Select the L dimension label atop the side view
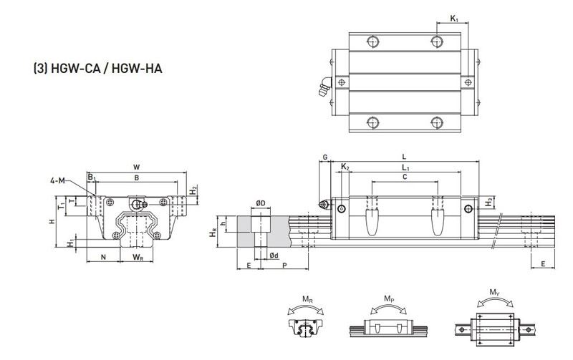(405, 157)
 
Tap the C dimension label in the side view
(405, 176)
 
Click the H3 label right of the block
(488, 203)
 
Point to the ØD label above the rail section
(261, 204)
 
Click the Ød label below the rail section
(274, 256)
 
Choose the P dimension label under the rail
(284, 266)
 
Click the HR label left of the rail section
(212, 233)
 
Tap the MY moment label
(494, 292)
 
